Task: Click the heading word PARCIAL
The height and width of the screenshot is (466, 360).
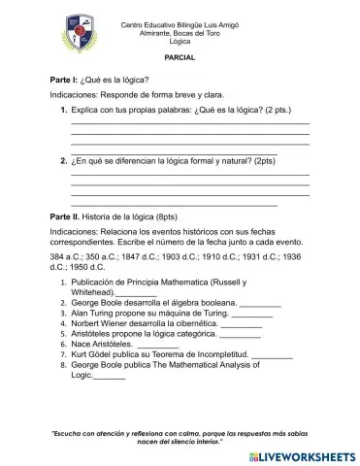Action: coord(180,58)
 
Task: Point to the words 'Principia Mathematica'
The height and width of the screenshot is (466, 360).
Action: coord(169,282)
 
